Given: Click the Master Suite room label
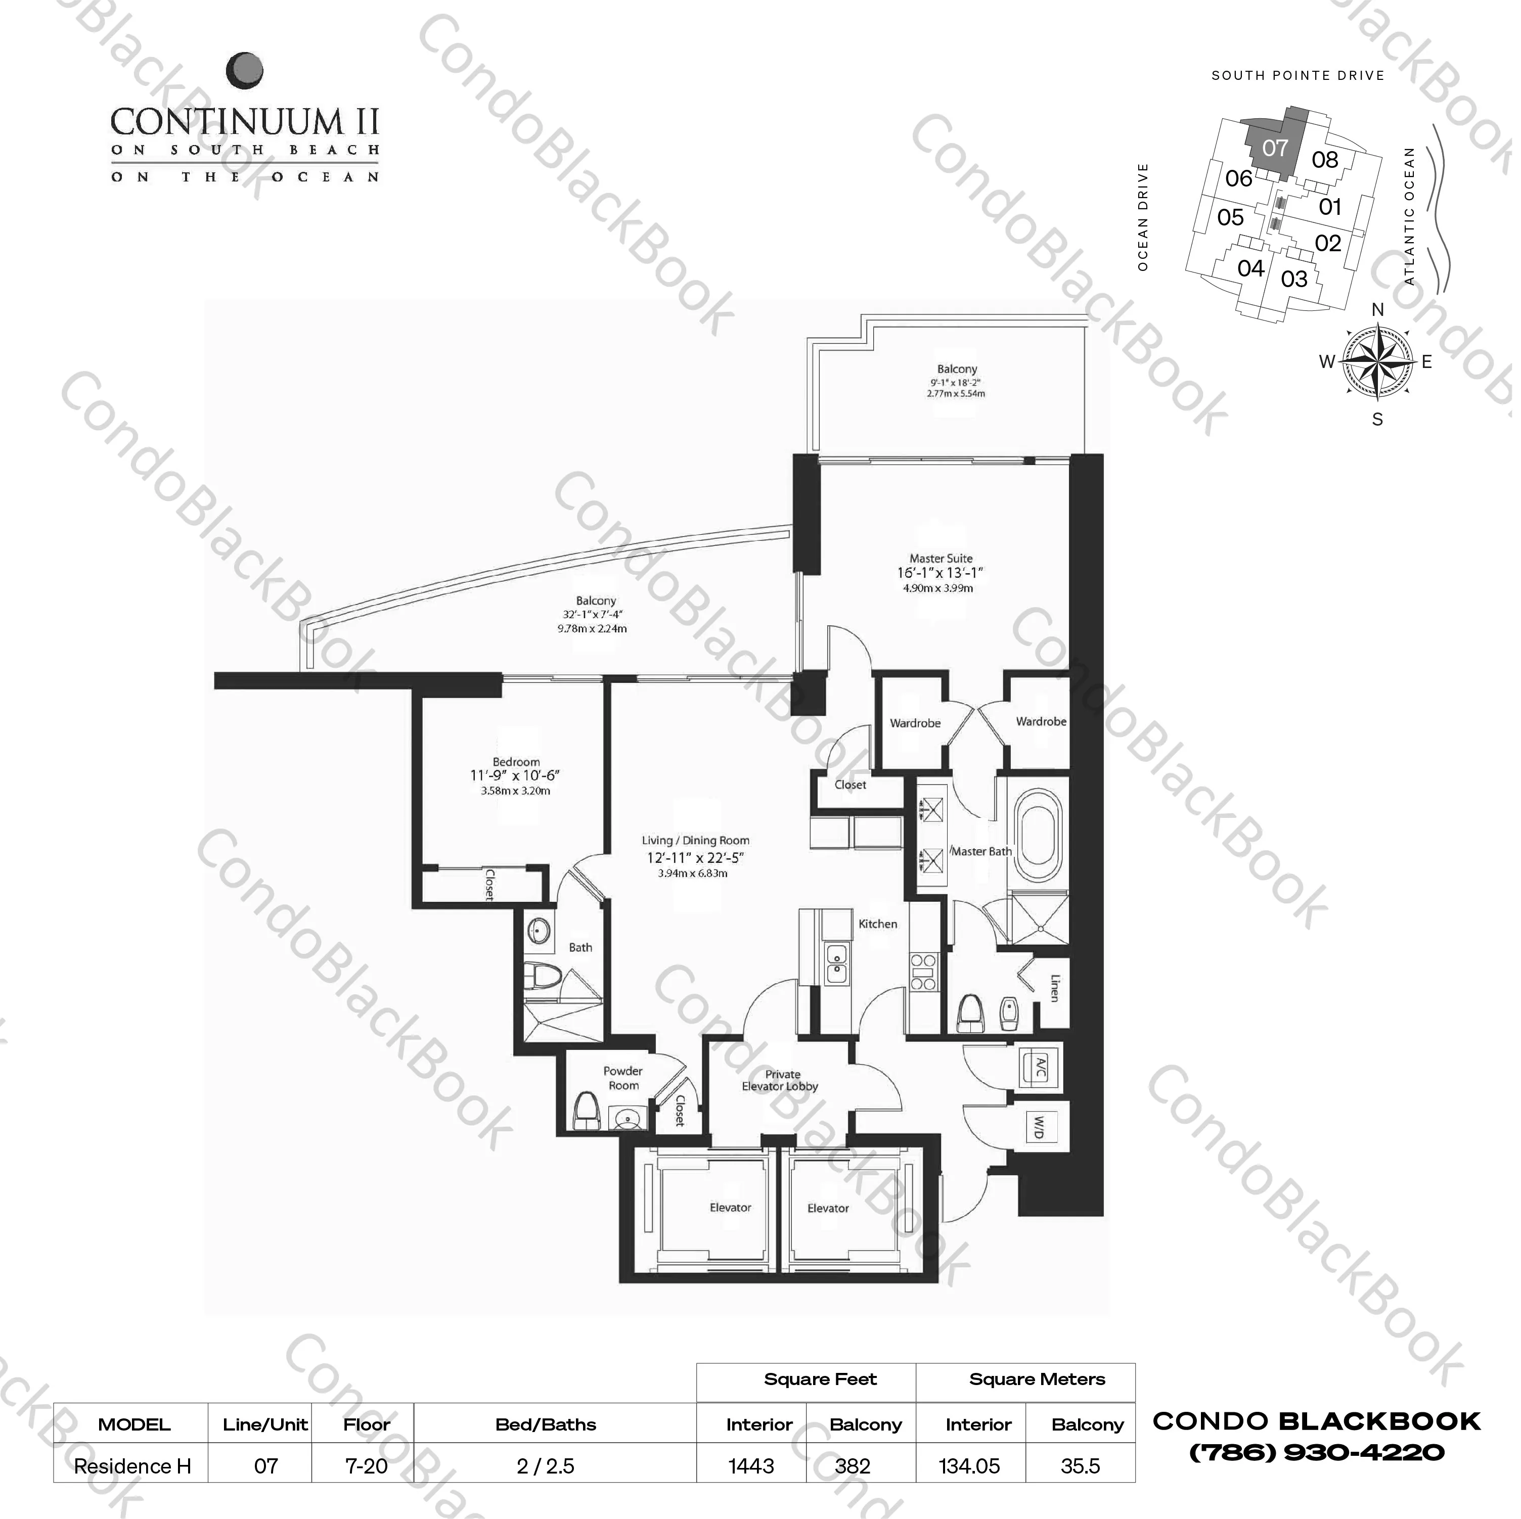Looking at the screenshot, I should pyautogui.click(x=941, y=558).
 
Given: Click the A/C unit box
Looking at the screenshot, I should pyautogui.click(x=1039, y=1068).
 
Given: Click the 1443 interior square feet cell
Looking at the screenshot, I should pyautogui.click(x=751, y=1465).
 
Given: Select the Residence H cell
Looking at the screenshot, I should pyautogui.click(x=132, y=1465).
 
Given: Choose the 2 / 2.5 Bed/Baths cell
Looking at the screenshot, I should pyautogui.click(x=546, y=1465).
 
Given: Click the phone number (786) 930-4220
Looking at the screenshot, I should pyautogui.click(x=1316, y=1452).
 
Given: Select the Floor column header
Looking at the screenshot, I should pyautogui.click(x=366, y=1424).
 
